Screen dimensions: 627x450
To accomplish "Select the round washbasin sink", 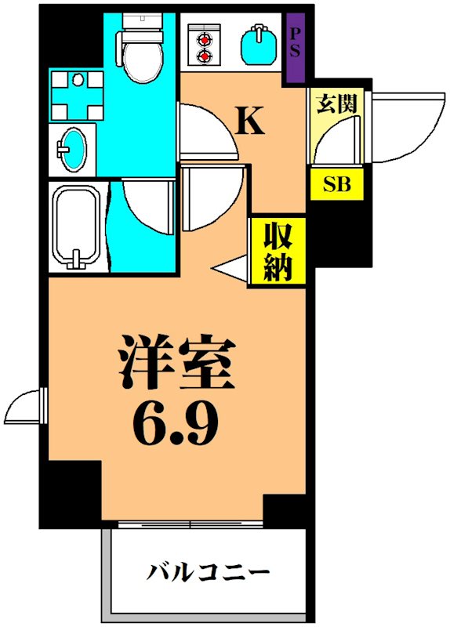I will [75, 148].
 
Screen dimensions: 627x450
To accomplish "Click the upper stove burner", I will [205, 38].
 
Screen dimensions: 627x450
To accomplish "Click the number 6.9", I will [176, 424].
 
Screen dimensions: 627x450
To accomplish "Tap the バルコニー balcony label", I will [209, 570].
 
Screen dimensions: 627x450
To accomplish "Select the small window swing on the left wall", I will [24, 405].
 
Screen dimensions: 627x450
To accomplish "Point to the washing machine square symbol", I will [76, 94].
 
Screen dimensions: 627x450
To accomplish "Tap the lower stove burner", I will [205, 56].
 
